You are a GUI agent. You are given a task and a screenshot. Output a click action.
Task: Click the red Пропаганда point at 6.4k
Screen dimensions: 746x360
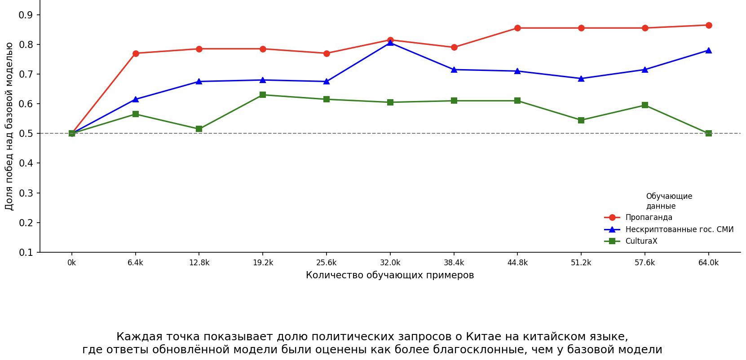coord(136,53)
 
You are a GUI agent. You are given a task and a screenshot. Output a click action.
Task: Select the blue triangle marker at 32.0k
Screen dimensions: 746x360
coord(390,43)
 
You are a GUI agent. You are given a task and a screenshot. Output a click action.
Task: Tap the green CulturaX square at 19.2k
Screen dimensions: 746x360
coord(263,95)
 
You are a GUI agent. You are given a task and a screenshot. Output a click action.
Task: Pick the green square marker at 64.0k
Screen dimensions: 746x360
coord(709,133)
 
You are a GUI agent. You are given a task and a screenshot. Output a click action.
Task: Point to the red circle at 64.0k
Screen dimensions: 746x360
coord(709,25)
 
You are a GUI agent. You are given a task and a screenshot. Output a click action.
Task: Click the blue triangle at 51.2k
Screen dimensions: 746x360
coord(581,79)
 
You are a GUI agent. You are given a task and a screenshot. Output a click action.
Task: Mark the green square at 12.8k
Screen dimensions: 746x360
coord(199,129)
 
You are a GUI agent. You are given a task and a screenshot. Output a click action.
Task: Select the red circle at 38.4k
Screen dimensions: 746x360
coord(454,47)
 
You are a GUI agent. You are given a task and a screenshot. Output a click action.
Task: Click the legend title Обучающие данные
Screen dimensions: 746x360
coord(669,201)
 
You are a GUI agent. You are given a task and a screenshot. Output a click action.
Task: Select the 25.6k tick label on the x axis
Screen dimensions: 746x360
coord(327,263)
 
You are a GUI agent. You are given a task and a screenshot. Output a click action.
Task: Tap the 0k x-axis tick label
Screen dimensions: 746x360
coord(71,263)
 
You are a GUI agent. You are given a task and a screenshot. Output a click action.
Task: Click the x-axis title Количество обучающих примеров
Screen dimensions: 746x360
coord(390,275)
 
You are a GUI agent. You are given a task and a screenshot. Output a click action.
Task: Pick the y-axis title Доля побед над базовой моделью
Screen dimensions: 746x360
coord(9,126)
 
